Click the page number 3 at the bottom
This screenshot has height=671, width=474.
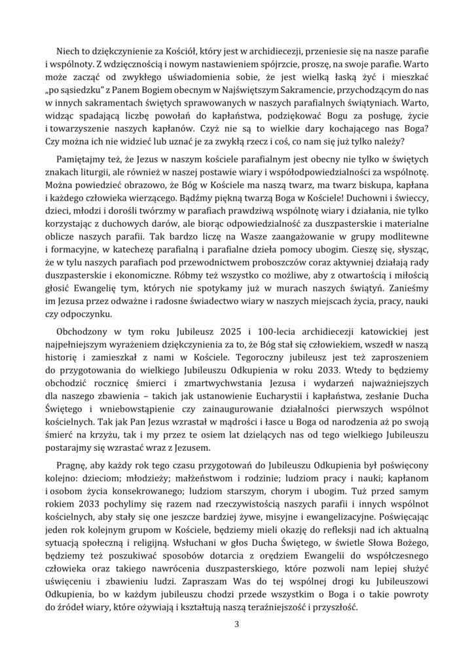(237, 623)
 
